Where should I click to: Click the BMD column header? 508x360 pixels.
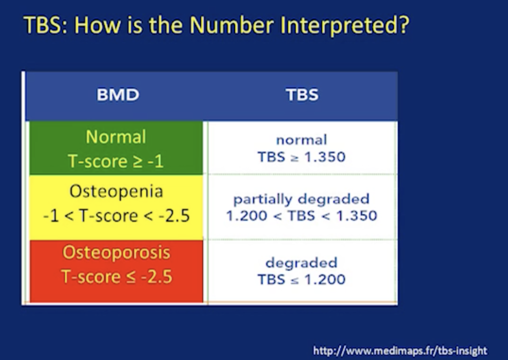pos(118,95)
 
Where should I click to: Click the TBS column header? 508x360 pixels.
pos(302,95)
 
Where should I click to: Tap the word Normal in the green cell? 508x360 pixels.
pos(116,137)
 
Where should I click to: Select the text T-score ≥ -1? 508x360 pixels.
pos(116,161)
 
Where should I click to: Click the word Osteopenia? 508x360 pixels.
pos(116,191)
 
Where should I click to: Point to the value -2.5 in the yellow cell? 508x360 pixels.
pos(174,216)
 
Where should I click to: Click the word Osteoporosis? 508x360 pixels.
pos(116,252)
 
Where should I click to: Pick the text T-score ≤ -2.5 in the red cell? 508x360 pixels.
pos(116,277)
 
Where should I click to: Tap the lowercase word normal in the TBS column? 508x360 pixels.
pos(302,140)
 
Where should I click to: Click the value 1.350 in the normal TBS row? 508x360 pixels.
pos(325,157)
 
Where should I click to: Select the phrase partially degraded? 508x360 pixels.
pos(301,199)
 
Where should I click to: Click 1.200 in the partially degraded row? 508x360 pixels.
pos(247,216)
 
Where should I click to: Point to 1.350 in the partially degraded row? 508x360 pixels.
pos(357,216)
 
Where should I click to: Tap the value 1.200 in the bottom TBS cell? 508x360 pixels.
pos(325,279)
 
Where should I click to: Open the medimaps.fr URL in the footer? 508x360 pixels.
pos(400,350)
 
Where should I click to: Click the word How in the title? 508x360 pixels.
pos(97,25)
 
